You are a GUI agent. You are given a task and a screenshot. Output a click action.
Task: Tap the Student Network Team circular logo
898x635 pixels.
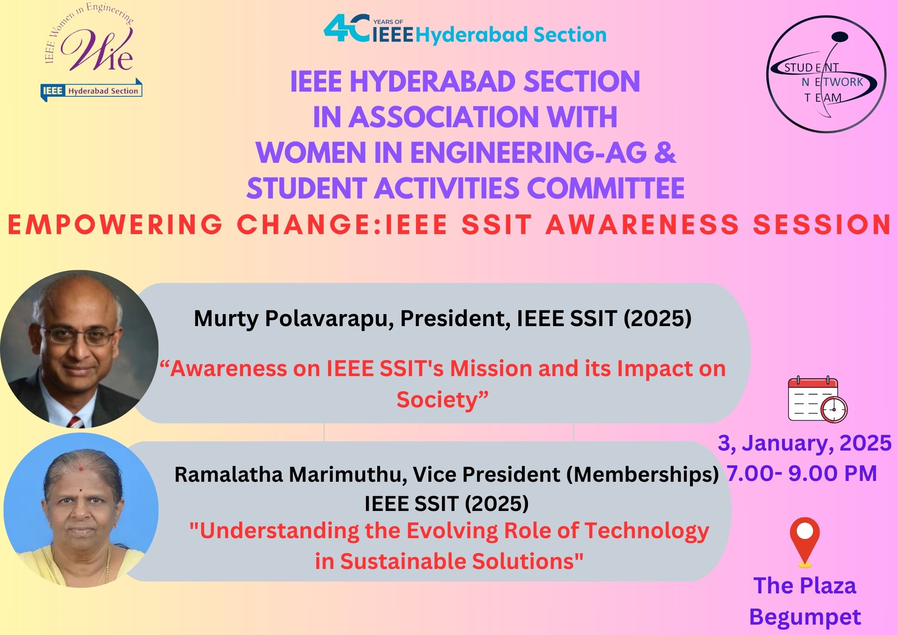826,74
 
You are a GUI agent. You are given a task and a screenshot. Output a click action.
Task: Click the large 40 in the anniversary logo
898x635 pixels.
346,28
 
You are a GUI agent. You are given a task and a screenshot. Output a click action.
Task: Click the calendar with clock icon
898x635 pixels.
818,399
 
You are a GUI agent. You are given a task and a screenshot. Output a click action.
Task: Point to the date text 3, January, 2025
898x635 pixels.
804,443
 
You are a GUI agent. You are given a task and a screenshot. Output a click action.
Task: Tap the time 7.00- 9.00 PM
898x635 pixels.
802,473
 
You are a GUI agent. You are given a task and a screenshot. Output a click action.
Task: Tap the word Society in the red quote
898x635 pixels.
442,399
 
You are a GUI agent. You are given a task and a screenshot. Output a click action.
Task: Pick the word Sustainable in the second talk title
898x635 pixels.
403,561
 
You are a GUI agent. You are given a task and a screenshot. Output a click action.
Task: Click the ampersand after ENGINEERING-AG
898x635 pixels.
665,152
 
